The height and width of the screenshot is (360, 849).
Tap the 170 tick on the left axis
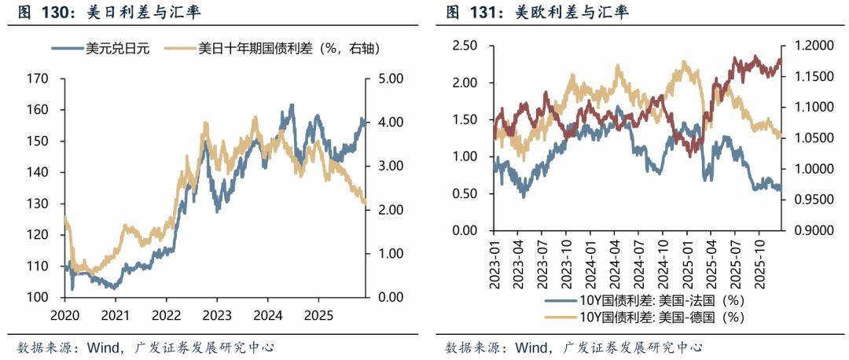(38, 79)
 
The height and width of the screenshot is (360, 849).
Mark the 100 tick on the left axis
(38, 297)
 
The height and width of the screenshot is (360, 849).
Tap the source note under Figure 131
(575, 347)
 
